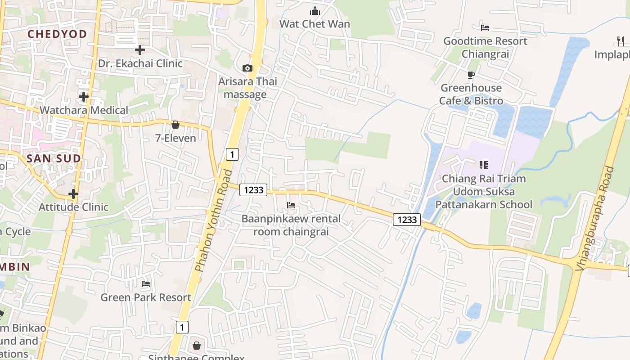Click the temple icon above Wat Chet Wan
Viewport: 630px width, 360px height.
[x=315, y=10]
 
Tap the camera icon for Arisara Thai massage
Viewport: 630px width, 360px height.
[x=247, y=68]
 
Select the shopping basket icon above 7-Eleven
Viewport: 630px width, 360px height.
[x=175, y=125]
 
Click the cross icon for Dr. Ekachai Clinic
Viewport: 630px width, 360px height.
[x=140, y=49]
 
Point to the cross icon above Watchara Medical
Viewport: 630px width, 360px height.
[x=83, y=96]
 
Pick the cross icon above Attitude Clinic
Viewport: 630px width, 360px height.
[x=73, y=194]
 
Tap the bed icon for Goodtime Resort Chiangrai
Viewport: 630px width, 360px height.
[x=485, y=27]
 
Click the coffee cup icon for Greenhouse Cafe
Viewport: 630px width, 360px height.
[x=471, y=75]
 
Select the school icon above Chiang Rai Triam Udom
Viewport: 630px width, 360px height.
[x=484, y=165]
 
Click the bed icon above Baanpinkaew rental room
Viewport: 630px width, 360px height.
[x=291, y=206]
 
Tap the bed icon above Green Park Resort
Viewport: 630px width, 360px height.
[x=146, y=284]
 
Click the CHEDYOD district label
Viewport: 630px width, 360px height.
[x=57, y=34]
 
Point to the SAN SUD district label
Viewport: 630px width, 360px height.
[x=54, y=158]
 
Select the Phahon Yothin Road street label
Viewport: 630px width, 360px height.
[x=214, y=220]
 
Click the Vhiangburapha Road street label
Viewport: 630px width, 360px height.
[x=594, y=219]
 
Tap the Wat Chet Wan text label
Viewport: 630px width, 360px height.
[x=315, y=24]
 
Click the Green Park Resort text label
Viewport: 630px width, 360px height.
[x=146, y=297]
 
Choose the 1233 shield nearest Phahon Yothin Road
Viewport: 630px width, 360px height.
[x=253, y=190]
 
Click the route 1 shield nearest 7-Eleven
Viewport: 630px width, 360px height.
[x=232, y=154]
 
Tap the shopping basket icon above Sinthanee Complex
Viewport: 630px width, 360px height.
[x=197, y=346]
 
